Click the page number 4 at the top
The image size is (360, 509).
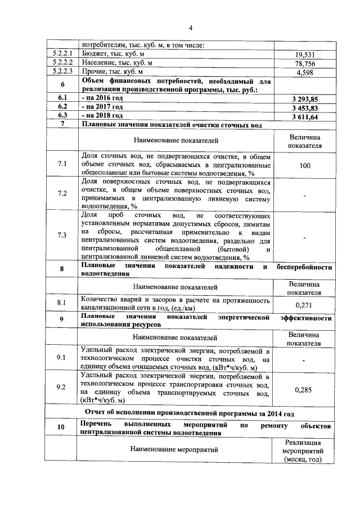tap(190, 28)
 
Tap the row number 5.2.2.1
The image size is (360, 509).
tap(62, 54)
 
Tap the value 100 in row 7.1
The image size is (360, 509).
tap(305, 166)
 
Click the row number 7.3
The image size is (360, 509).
tap(62, 235)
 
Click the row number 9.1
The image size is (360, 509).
tap(62, 357)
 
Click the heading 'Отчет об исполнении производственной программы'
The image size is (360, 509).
tap(190, 413)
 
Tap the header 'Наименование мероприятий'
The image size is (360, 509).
tap(174, 449)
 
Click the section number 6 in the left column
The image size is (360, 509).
tap(62, 85)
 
